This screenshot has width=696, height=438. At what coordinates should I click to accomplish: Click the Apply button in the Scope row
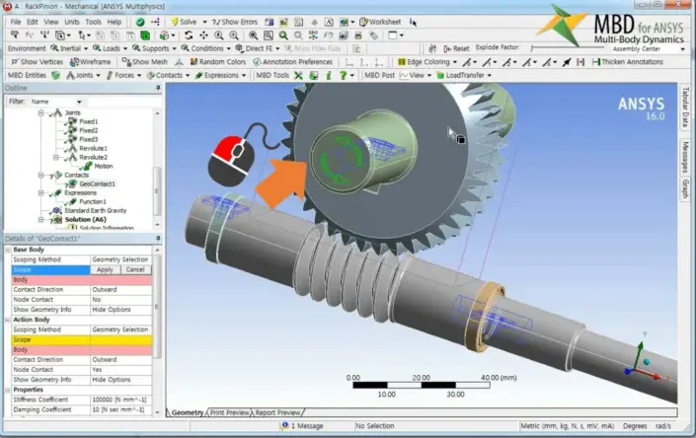105,269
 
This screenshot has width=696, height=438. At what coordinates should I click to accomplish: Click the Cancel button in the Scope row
135,269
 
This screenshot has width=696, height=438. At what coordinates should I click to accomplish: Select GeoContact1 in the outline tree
98,183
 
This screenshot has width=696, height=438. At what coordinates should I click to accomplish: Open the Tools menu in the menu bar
93,21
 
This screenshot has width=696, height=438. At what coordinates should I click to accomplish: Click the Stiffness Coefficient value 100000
118,399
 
